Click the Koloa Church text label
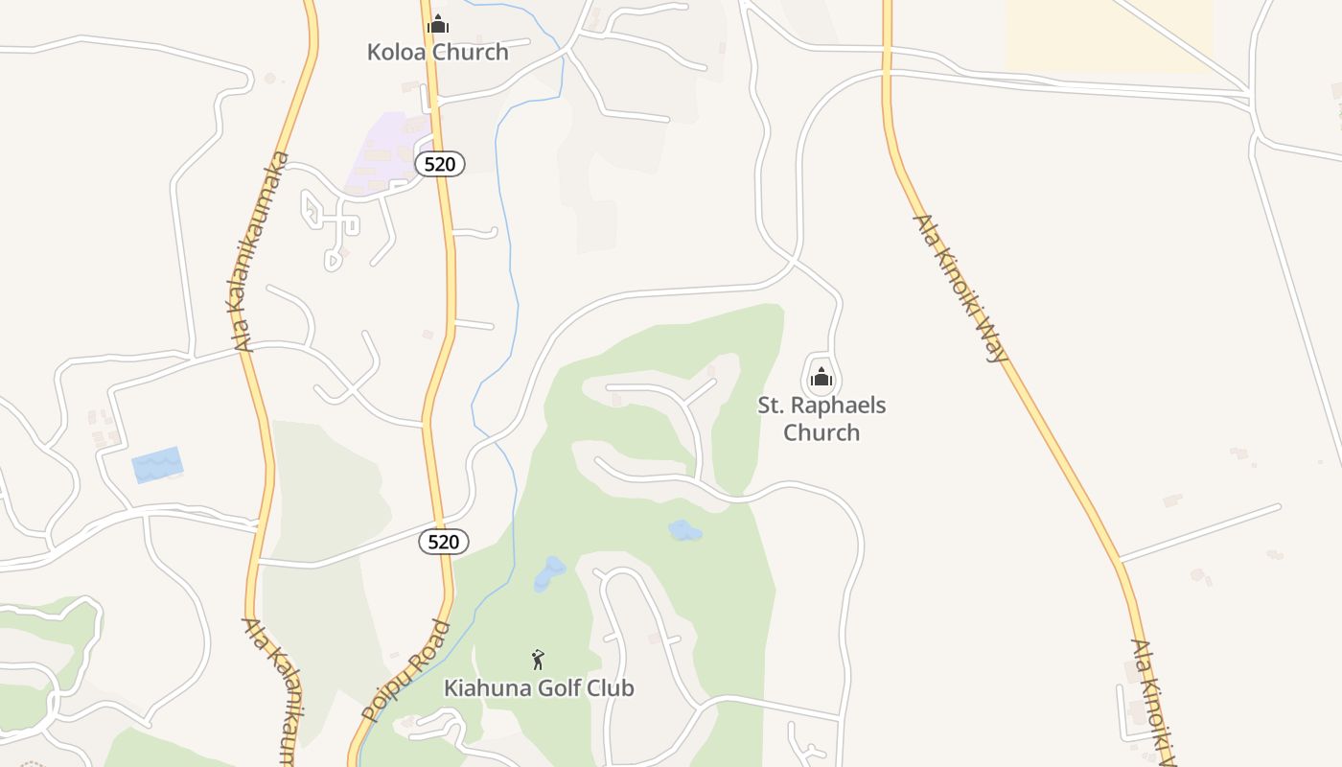pyautogui.click(x=437, y=52)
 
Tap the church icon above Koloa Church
pyautogui.click(x=438, y=24)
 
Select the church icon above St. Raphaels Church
pyautogui.click(x=821, y=378)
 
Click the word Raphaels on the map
pyautogui.click(x=838, y=406)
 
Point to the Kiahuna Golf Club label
pyautogui.click(x=539, y=688)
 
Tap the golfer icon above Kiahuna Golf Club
pyautogui.click(x=538, y=660)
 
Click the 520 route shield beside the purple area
pyautogui.click(x=440, y=164)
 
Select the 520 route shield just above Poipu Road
pyautogui.click(x=444, y=542)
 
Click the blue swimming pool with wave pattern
pyautogui.click(x=157, y=465)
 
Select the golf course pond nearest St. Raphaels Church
pyautogui.click(x=684, y=530)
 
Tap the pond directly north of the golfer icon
pyautogui.click(x=549, y=572)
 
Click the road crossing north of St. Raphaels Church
pyautogui.click(x=794, y=259)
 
